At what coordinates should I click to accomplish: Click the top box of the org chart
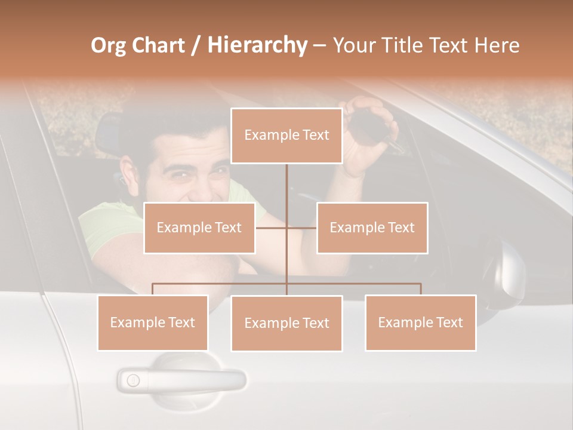pos(286,136)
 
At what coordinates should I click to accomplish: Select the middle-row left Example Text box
pos(199,228)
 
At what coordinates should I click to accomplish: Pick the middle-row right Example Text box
pos(372,228)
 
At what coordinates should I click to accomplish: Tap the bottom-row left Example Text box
pos(153,322)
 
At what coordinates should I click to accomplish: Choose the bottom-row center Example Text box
pos(286,323)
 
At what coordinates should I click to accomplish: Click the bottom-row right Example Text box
pos(420,322)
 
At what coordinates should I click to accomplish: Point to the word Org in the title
pos(109,45)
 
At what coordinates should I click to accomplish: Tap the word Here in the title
pos(497,45)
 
